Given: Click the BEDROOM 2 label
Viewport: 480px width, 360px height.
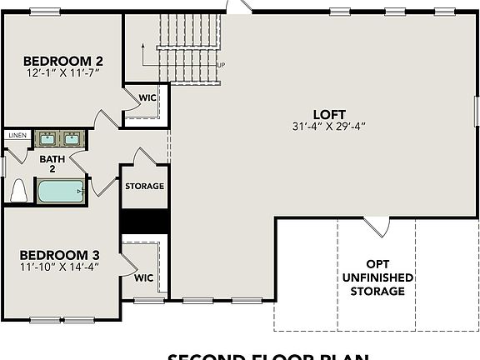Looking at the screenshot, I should pyautogui.click(x=62, y=61).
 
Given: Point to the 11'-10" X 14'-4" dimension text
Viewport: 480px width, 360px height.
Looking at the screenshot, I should pyautogui.click(x=59, y=267).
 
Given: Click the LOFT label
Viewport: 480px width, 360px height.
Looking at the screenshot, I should pyautogui.click(x=329, y=114).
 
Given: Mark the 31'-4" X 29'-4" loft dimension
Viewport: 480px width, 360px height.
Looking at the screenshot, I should pyautogui.click(x=329, y=127).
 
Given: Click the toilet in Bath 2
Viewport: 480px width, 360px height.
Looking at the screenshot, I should pyautogui.click(x=18, y=192).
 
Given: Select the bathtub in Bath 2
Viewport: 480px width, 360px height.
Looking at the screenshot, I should pyautogui.click(x=60, y=192).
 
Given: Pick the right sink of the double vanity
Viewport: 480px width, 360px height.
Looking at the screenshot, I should pyautogui.click(x=72, y=137).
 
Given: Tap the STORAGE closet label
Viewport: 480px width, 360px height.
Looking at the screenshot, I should pyautogui.click(x=144, y=186).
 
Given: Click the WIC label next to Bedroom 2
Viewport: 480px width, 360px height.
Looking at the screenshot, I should pyautogui.click(x=147, y=97).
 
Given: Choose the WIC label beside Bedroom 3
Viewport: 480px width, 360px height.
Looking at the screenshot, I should pyautogui.click(x=143, y=277).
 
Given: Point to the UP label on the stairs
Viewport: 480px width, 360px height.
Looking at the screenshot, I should pyautogui.click(x=220, y=65).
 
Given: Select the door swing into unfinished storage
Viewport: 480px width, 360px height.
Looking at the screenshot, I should pyautogui.click(x=377, y=225).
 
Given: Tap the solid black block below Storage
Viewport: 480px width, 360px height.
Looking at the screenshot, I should pyautogui.click(x=145, y=221).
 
